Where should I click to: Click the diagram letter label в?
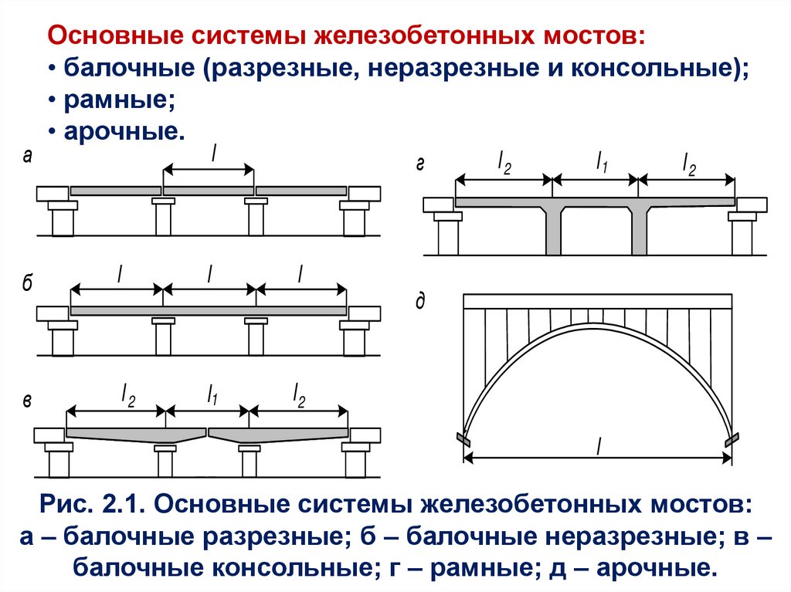click(28, 401)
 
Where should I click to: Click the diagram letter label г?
click(420, 164)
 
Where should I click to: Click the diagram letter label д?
click(420, 301)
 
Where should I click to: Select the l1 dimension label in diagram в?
click(211, 396)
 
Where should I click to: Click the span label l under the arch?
click(599, 446)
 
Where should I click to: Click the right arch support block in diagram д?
click(732, 439)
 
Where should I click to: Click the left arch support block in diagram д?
click(463, 439)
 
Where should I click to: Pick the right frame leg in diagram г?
click(640, 230)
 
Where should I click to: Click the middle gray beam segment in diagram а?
click(209, 191)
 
